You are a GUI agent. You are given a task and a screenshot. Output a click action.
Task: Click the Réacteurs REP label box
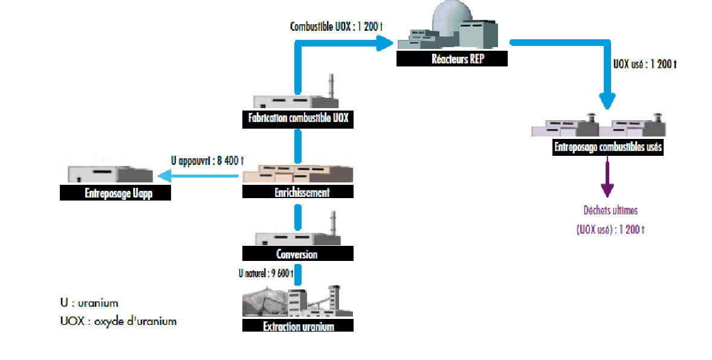coord(452,59)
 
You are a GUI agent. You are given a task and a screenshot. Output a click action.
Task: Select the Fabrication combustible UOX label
coord(298,118)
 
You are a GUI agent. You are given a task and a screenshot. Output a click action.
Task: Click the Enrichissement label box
coord(298,192)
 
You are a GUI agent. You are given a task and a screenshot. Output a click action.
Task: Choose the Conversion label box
coord(297,254)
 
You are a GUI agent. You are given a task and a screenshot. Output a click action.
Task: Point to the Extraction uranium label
coord(298,326)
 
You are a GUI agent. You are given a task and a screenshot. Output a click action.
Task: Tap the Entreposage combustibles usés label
coord(608,147)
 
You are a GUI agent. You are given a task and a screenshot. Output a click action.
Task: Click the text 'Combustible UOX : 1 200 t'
coord(337,27)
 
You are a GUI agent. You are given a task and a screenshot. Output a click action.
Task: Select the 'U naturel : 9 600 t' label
coord(265,273)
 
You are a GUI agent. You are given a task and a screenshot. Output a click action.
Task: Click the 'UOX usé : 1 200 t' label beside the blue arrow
coord(644,63)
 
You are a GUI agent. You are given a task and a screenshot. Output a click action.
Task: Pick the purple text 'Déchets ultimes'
coord(610,211)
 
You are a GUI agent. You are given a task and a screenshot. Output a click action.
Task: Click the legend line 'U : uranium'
coord(89,303)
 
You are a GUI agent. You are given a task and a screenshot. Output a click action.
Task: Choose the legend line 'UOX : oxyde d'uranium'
coord(118,321)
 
